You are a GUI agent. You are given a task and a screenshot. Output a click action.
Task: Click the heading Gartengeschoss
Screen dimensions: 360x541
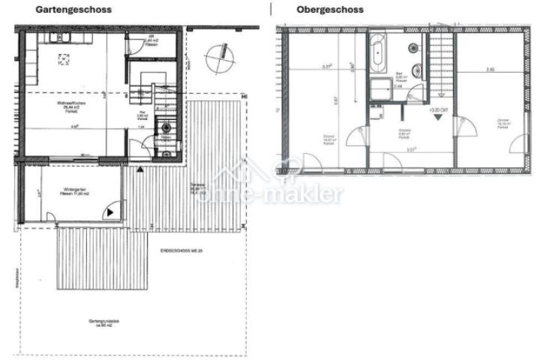click(x=74, y=10)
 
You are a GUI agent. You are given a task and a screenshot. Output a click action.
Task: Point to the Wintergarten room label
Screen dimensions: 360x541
click(x=76, y=192)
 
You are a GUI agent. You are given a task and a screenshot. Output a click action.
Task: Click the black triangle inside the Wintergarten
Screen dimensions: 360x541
click(x=111, y=212)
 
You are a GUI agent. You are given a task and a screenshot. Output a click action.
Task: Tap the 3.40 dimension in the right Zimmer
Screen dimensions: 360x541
click(x=490, y=70)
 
